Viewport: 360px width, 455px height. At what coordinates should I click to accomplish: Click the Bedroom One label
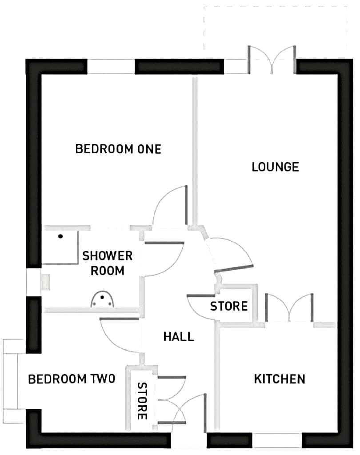point(118,149)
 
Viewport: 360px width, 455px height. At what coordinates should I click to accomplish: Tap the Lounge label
point(275,167)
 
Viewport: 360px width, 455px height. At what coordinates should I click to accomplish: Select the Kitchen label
point(280,379)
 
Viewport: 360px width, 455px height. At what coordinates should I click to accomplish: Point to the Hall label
point(179,337)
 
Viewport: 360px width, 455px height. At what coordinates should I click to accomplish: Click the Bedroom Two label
point(72,379)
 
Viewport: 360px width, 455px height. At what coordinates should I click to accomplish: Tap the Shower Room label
point(108,263)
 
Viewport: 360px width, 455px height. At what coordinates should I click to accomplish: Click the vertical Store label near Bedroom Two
point(142,401)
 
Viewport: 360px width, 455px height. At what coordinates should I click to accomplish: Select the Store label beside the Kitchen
point(229,306)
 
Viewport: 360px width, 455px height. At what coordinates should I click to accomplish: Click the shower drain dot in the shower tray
point(60,236)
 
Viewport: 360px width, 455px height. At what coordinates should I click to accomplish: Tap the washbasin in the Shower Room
point(102,300)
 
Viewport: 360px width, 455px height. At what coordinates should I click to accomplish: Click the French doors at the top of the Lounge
point(272,60)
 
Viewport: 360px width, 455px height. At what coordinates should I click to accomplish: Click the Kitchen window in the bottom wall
point(277,440)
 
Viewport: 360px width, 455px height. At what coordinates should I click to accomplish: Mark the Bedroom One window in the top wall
point(111,67)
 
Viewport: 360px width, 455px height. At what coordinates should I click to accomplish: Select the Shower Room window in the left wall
point(34,281)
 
